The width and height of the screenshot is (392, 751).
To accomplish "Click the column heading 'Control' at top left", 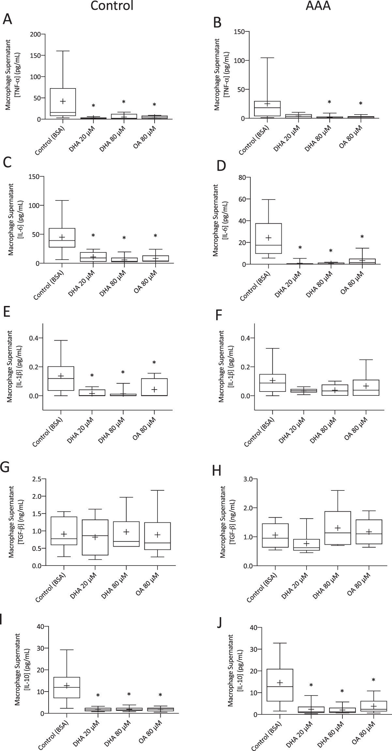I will (x=112, y=6).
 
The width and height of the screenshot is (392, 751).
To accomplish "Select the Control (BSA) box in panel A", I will (x=63, y=102).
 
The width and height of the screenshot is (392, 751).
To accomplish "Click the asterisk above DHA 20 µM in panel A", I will (x=93, y=106).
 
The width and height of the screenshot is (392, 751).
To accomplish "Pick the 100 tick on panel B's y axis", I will (x=241, y=61).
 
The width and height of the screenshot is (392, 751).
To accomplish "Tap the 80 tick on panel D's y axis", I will (x=242, y=177).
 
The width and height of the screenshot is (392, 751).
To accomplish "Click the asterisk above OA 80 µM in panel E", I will (x=155, y=362).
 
